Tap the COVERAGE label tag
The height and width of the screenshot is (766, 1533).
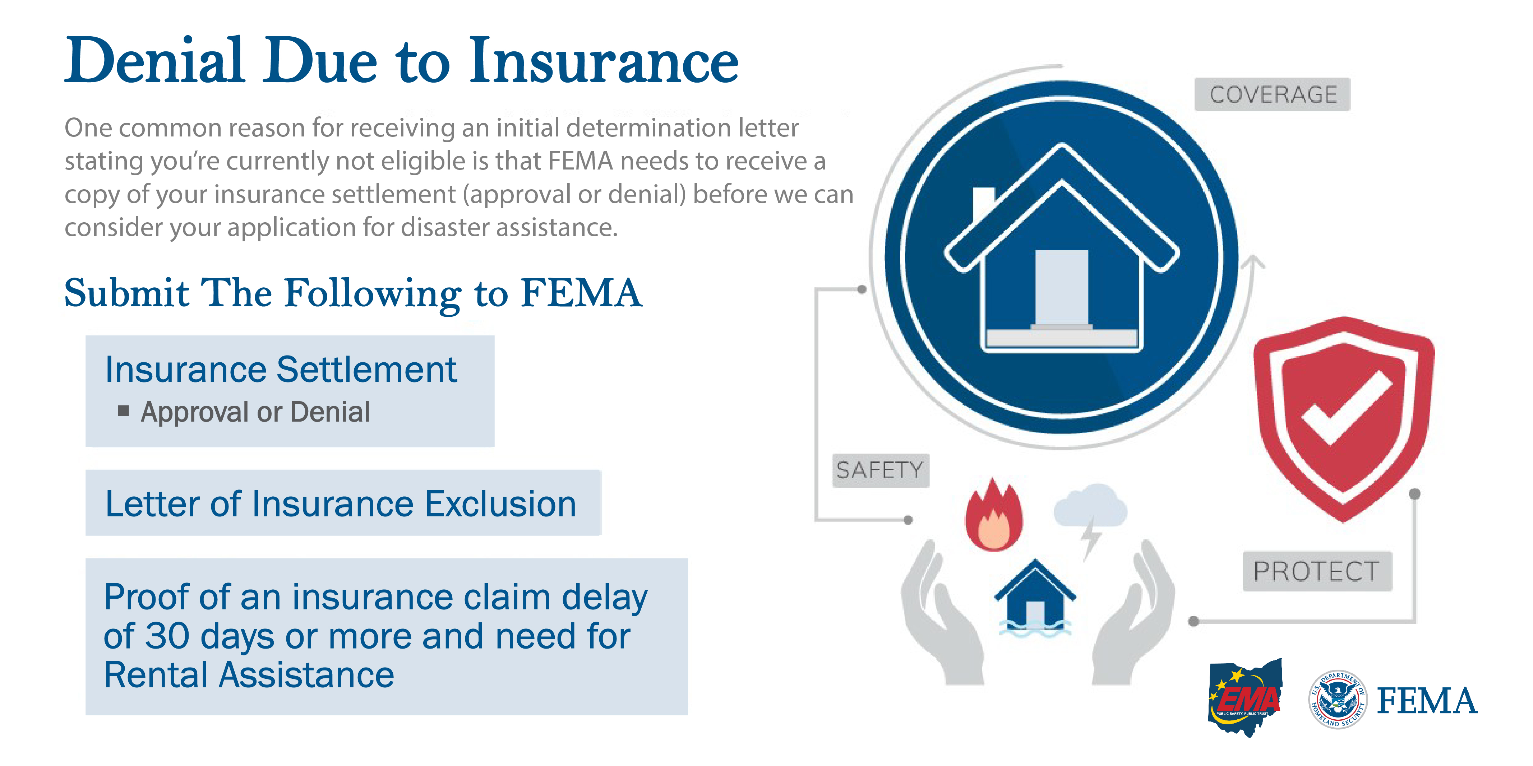1272,94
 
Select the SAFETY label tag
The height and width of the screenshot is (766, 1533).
880,470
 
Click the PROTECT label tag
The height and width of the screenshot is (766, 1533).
1317,571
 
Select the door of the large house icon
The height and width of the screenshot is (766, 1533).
1062,288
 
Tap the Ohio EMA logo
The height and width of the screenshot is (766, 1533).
1245,697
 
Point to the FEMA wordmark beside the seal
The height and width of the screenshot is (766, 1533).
1427,701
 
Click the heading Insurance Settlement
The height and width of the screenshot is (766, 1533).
281,370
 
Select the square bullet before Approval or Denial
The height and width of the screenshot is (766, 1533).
124,410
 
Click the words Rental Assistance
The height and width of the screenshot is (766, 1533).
249,675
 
